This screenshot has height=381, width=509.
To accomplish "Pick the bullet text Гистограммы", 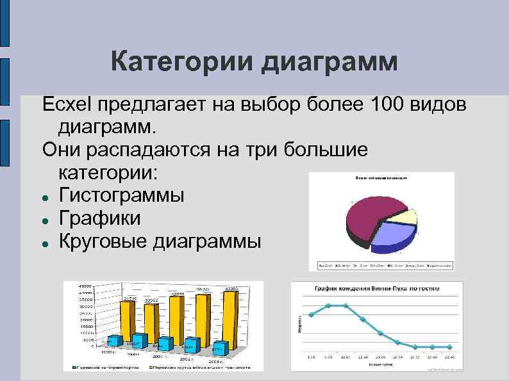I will (121, 194).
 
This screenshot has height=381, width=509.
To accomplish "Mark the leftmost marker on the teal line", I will (312, 314).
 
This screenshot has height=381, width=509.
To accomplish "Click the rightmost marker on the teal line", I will (449, 347).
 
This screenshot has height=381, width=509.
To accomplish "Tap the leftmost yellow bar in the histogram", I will (128, 327).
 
